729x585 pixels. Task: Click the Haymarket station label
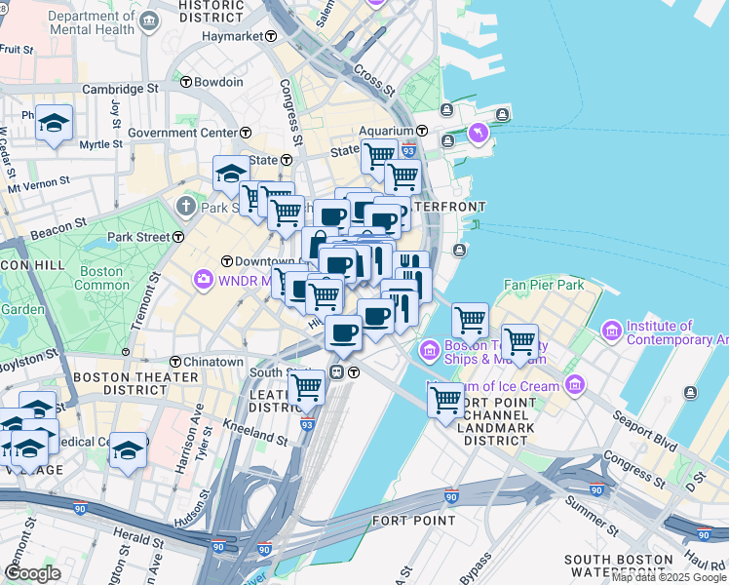coord(233,36)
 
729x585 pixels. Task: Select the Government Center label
coord(182,133)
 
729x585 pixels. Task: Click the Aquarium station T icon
coord(423,131)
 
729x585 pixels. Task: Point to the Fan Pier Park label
coord(543,286)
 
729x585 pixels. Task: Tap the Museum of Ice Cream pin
coord(574,386)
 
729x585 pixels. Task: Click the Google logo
coord(32,573)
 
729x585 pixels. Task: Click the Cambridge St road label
coord(120,88)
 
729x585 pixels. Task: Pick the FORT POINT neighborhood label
coord(413,521)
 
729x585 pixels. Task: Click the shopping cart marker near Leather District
coord(308,387)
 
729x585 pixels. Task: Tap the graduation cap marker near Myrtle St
coord(55,123)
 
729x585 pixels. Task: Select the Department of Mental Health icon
coord(148,21)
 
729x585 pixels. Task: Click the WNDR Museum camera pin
coord(203,280)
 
